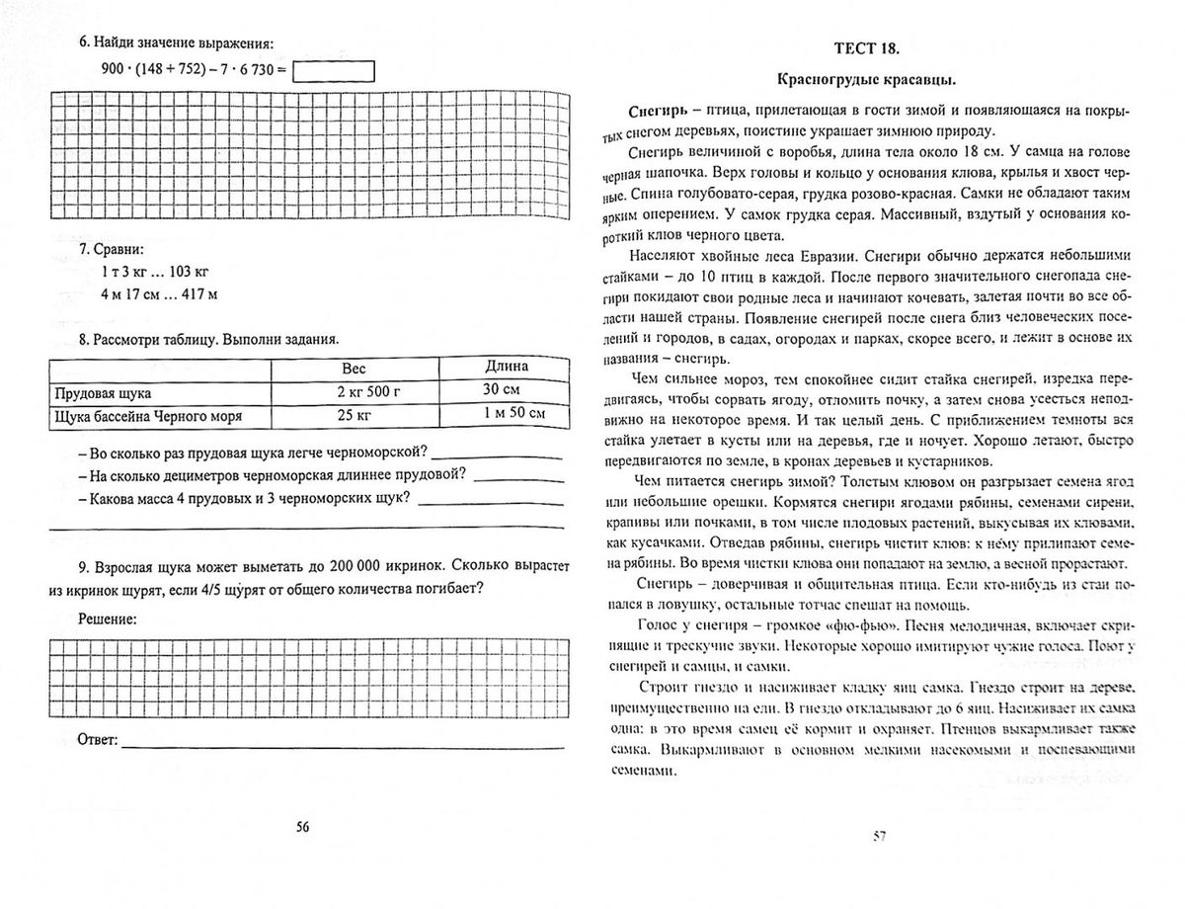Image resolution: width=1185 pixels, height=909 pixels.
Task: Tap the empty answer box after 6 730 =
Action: pos(335,71)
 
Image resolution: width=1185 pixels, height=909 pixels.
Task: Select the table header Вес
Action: pos(354,368)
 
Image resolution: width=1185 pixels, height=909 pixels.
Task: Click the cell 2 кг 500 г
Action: pos(354,392)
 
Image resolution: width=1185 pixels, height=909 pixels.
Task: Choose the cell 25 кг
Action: pos(354,416)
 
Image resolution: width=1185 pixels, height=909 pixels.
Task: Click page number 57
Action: pos(879,837)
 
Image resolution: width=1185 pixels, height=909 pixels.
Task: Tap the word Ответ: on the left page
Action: pos(97,739)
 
